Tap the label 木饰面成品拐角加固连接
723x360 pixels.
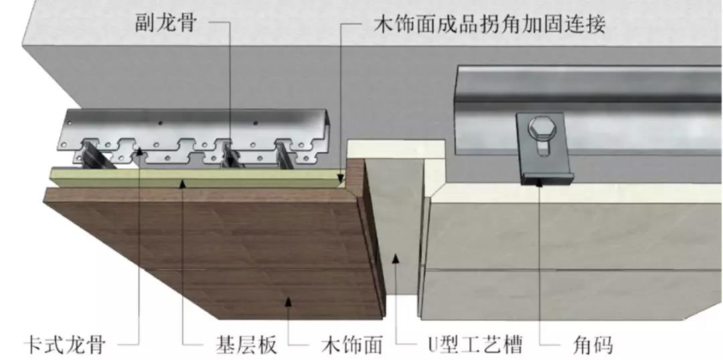click(x=488, y=25)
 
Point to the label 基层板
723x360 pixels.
click(x=240, y=345)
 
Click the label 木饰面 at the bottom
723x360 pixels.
click(x=348, y=345)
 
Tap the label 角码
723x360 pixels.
click(x=593, y=345)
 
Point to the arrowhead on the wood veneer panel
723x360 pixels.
click(x=289, y=302)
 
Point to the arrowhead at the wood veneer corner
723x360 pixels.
click(x=341, y=179)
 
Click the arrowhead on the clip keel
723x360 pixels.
click(x=139, y=153)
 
